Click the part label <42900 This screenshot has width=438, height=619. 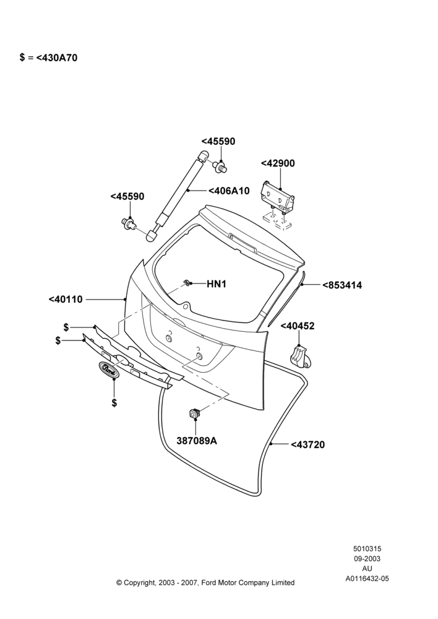pos(278,163)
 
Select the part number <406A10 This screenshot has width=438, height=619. pos(229,191)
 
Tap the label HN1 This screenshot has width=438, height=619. pos(217,284)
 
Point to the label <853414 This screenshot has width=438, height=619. pos(342,285)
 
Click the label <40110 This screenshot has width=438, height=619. pos(66,300)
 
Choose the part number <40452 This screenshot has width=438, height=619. pos(298,326)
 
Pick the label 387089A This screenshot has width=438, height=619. pos(197,441)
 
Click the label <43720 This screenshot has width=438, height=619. pos(308,445)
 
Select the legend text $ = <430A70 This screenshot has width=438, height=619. pos(48,58)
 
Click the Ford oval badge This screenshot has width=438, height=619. pos(108,369)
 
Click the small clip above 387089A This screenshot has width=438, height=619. pos(195,413)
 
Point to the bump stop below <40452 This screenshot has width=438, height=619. pos(300,355)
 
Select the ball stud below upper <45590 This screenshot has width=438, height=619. pos(221,167)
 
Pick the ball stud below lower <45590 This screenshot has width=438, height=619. pos(129,224)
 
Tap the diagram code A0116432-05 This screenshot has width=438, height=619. pos(367,579)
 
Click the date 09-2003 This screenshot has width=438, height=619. pos(367,558)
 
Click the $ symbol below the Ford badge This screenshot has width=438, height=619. pos(114,403)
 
